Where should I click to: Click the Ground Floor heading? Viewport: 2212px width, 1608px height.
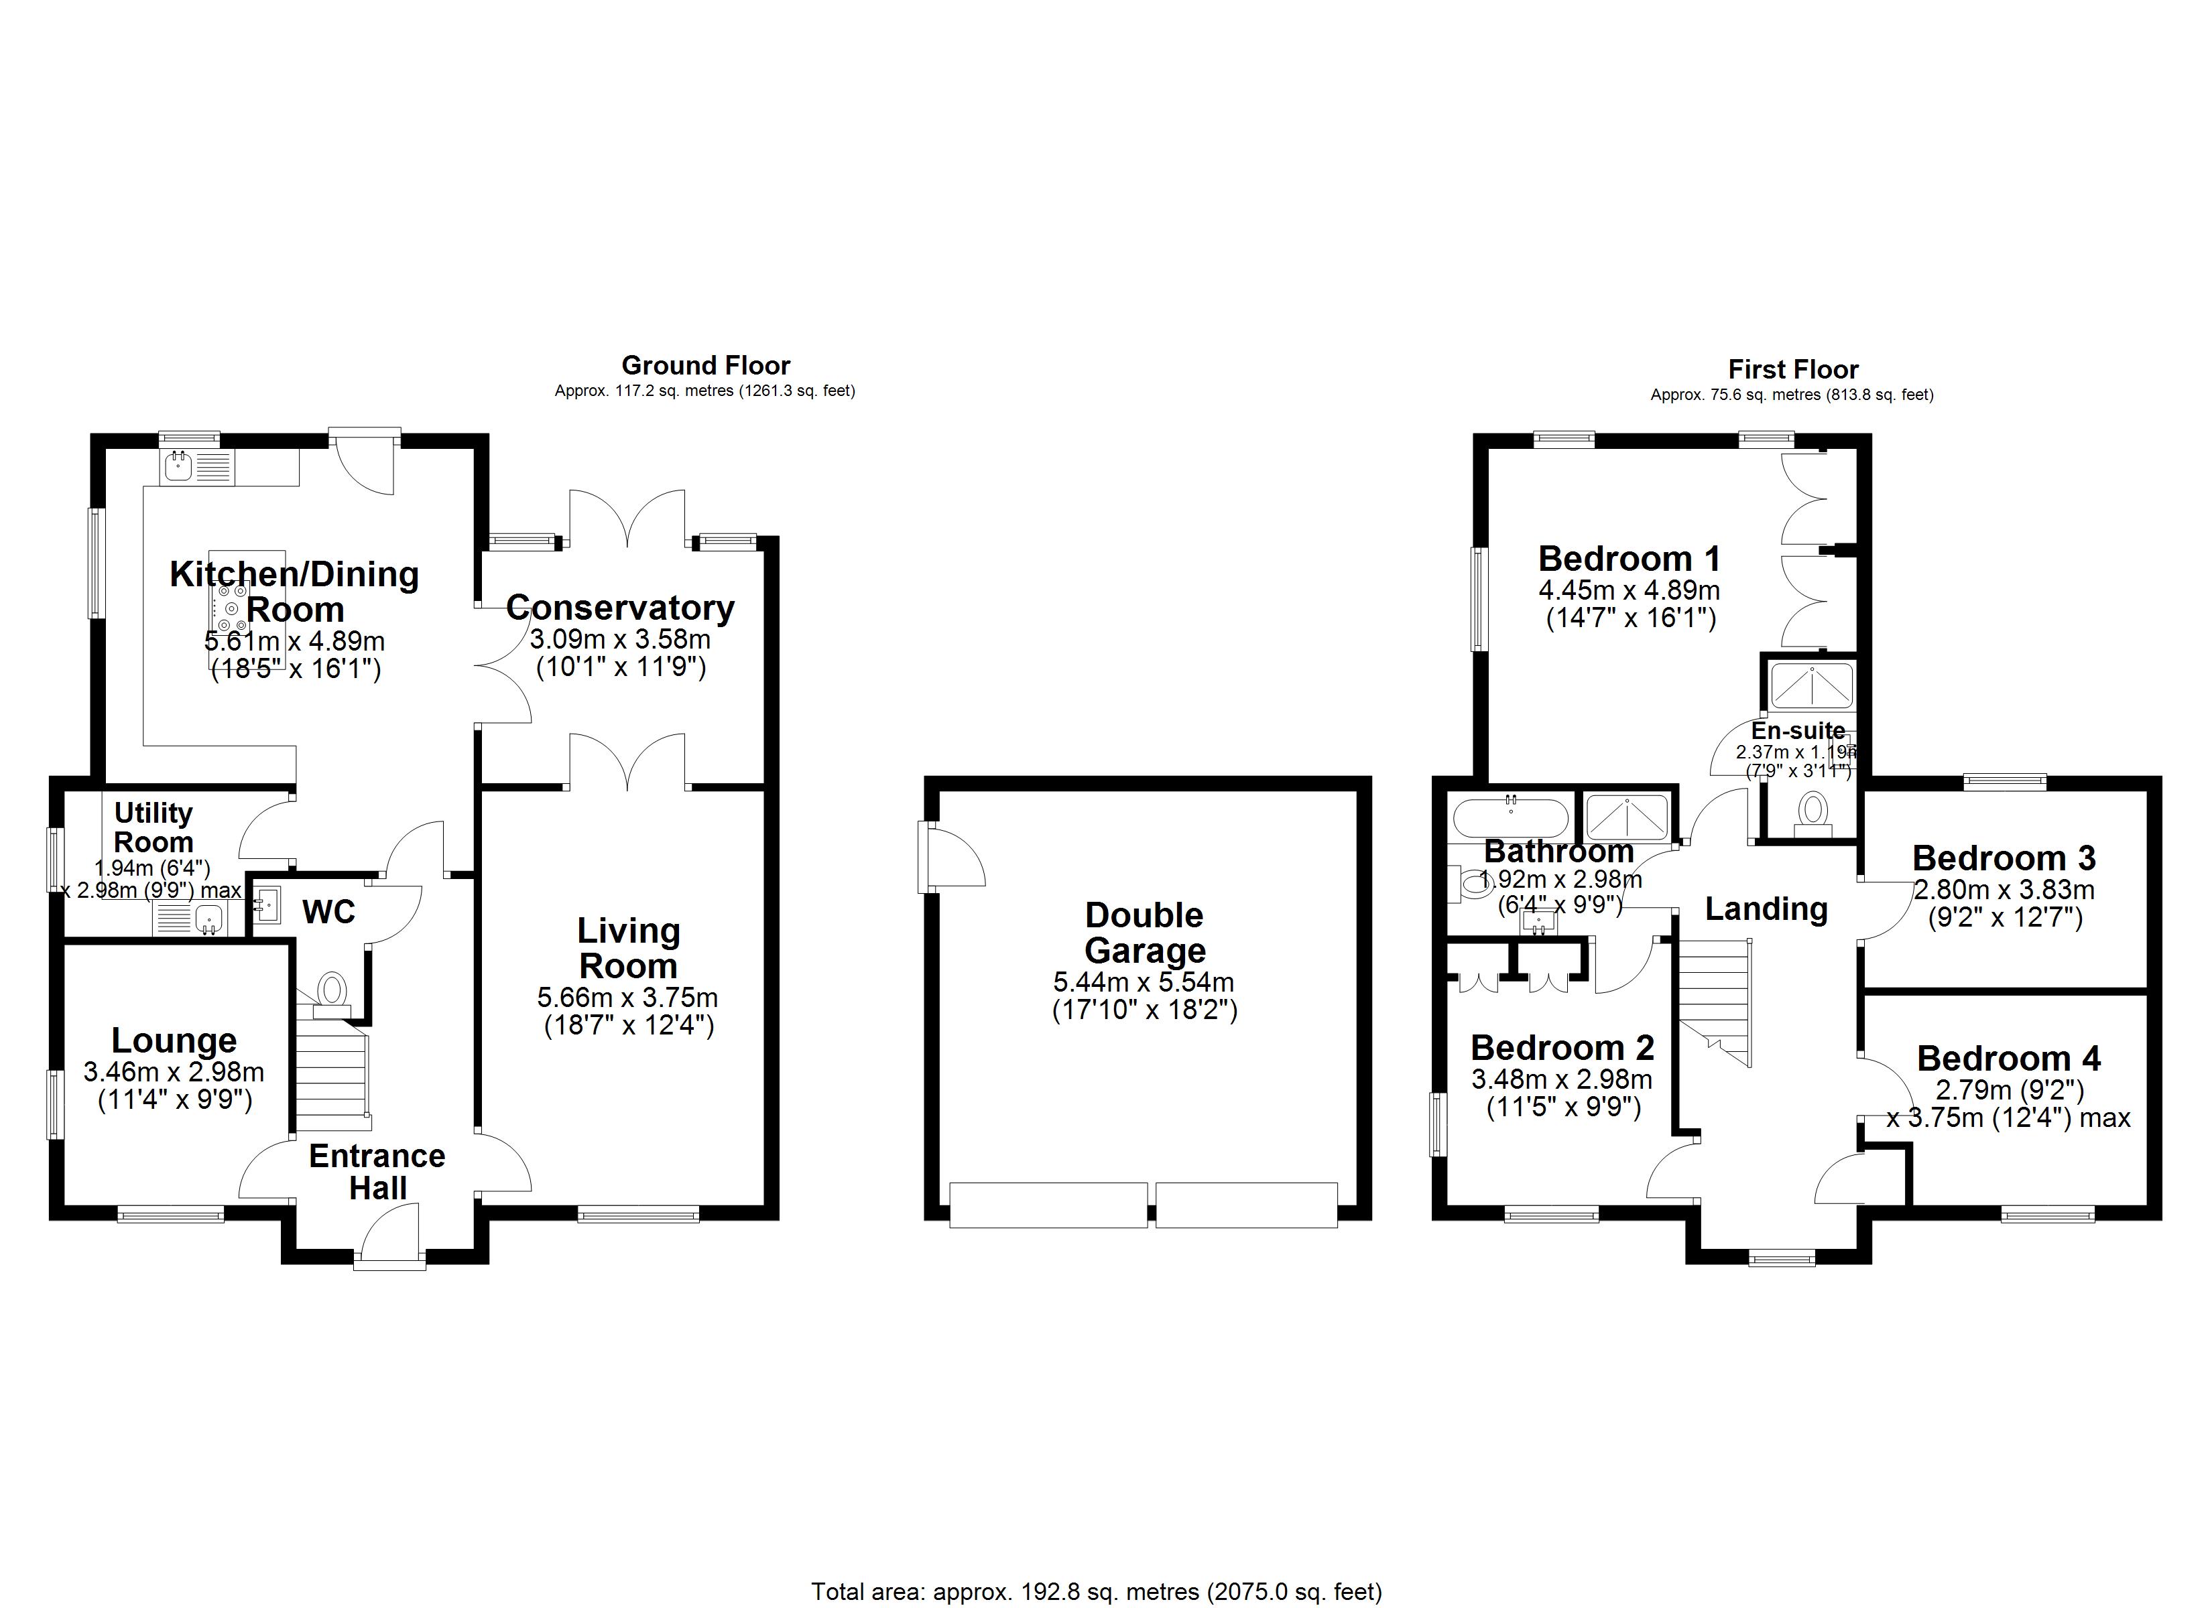pos(705,366)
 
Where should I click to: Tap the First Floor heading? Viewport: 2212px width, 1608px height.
pos(1792,370)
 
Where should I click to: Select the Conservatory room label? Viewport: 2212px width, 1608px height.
pos(620,608)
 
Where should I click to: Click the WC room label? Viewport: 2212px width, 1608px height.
pos(328,913)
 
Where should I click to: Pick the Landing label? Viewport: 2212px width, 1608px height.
pos(1766,909)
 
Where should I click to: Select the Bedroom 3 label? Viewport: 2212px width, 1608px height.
pos(2004,858)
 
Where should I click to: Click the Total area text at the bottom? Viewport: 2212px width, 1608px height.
pos(1096,1591)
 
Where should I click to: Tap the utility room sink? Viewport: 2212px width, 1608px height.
pos(208,919)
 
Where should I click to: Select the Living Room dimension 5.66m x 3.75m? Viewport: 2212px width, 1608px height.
pos(627,998)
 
